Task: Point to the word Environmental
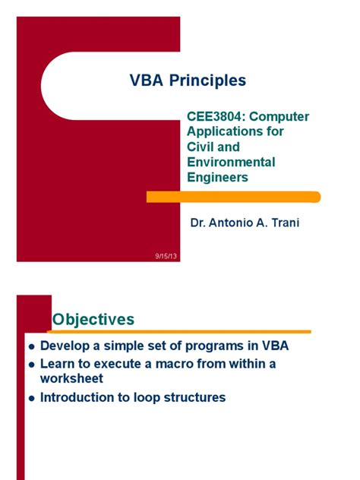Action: click(231, 163)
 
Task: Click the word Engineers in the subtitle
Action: click(217, 178)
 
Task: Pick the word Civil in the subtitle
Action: click(202, 147)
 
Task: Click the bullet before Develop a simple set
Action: click(31, 346)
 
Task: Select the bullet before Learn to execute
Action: click(31, 365)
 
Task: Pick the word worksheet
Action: click(71, 378)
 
